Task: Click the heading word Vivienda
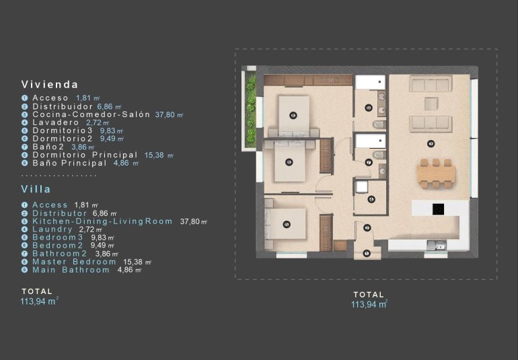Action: [50, 85]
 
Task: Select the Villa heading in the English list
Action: [36, 190]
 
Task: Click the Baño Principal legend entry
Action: [71, 163]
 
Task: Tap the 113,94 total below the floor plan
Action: [369, 305]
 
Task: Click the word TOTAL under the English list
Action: [37, 291]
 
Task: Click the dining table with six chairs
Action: [436, 173]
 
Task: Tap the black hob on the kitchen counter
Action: [439, 209]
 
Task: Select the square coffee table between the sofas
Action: [431, 103]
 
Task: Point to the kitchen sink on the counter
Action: [440, 246]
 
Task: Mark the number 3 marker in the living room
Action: [431, 143]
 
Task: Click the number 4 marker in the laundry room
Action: [371, 199]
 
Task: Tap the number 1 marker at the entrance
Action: [367, 254]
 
